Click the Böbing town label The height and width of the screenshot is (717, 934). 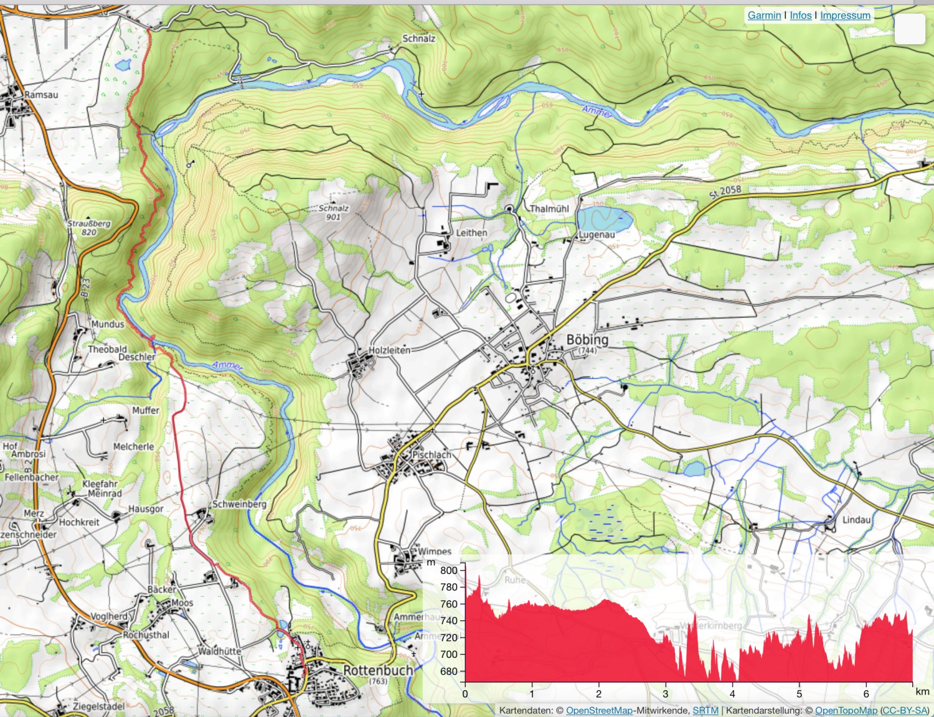tap(587, 340)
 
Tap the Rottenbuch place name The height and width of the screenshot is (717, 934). tap(378, 670)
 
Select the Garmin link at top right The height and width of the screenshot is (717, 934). tap(764, 15)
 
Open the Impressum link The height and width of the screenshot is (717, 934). tap(845, 15)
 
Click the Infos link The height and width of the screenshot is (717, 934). tap(801, 15)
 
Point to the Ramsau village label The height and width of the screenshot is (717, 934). tap(41, 95)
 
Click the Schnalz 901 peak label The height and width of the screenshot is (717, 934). tap(334, 212)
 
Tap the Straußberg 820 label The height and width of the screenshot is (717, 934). tap(89, 227)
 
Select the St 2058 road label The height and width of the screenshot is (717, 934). tap(725, 192)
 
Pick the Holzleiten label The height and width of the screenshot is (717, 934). tap(390, 350)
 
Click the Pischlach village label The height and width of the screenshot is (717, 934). tap(432, 455)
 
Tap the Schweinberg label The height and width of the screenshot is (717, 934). tap(240, 504)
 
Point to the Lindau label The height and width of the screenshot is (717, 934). tap(856, 520)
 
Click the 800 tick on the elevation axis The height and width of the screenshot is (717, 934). tap(448, 570)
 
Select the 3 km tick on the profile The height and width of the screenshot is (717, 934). tap(665, 693)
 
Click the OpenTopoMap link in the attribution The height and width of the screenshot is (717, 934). tap(846, 710)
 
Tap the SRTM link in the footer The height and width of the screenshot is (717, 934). tap(705, 710)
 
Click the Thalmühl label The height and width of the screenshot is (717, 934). tap(549, 209)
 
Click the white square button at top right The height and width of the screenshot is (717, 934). tap(910, 29)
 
